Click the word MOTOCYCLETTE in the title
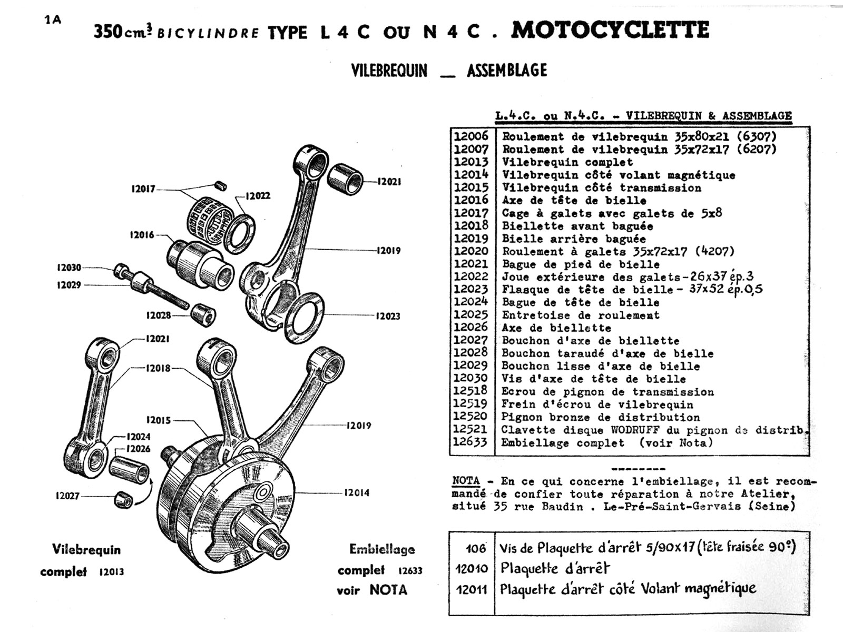click(x=610, y=30)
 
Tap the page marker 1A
click(x=53, y=20)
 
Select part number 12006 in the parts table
click(x=471, y=136)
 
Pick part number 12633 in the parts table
click(x=471, y=442)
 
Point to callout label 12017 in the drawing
click(x=143, y=189)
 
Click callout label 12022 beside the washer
click(x=258, y=196)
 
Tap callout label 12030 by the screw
click(x=69, y=268)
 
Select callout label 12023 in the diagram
click(x=388, y=316)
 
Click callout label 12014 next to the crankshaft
click(x=357, y=493)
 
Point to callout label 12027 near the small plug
click(x=68, y=496)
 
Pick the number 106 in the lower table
click(x=475, y=549)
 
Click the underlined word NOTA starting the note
click(x=466, y=481)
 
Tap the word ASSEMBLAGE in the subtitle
click(x=506, y=71)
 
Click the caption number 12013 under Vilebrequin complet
click(x=111, y=572)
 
